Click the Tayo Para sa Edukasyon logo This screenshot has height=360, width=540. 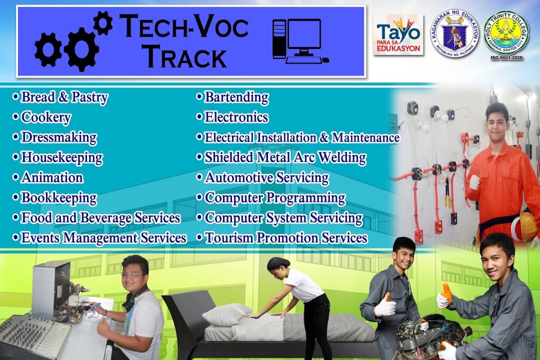pos(398,34)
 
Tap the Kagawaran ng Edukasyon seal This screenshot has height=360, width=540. pos(455,33)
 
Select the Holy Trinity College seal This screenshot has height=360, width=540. pos(506,33)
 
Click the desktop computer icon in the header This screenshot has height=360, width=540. pos(300,41)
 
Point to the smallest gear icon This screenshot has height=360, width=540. pos(103,23)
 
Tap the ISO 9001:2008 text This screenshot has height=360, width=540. pos(507,58)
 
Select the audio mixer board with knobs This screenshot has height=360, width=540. pos(34,336)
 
